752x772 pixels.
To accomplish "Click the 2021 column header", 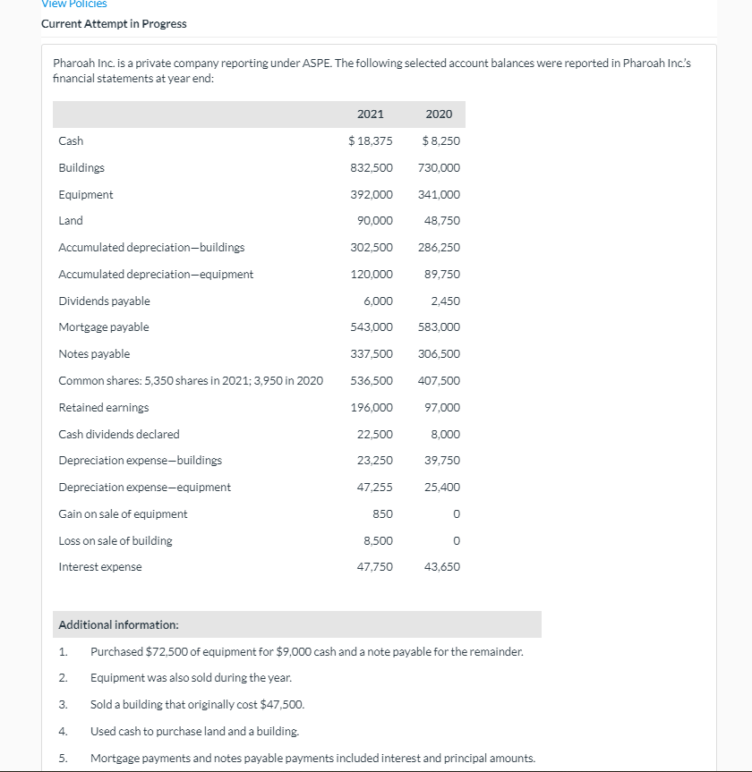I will (x=370, y=114).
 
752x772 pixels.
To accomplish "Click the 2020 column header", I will (x=439, y=114).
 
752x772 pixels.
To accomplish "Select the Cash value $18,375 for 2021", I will (x=370, y=140).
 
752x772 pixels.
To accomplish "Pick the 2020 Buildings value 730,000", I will (x=439, y=167).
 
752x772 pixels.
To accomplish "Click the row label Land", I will (x=71, y=220).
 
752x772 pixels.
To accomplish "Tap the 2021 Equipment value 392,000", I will (x=372, y=194).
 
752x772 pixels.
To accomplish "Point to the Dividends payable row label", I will (x=104, y=301).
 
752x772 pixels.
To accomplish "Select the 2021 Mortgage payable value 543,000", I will (x=372, y=327).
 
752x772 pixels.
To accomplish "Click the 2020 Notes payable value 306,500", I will (x=439, y=353).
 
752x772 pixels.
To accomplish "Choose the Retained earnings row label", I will (x=104, y=407).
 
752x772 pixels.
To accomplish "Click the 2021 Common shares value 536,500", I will (x=372, y=380).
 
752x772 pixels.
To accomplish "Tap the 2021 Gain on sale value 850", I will (x=382, y=513).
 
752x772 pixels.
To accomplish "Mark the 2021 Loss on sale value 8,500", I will (x=378, y=540).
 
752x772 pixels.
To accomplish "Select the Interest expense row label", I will (x=99, y=566).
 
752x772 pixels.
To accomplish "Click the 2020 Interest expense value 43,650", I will (x=442, y=566).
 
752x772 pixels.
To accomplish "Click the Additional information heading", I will (x=118, y=624).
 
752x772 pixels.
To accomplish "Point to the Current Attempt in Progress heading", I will (x=114, y=23).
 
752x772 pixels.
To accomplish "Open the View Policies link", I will (x=74, y=4).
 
